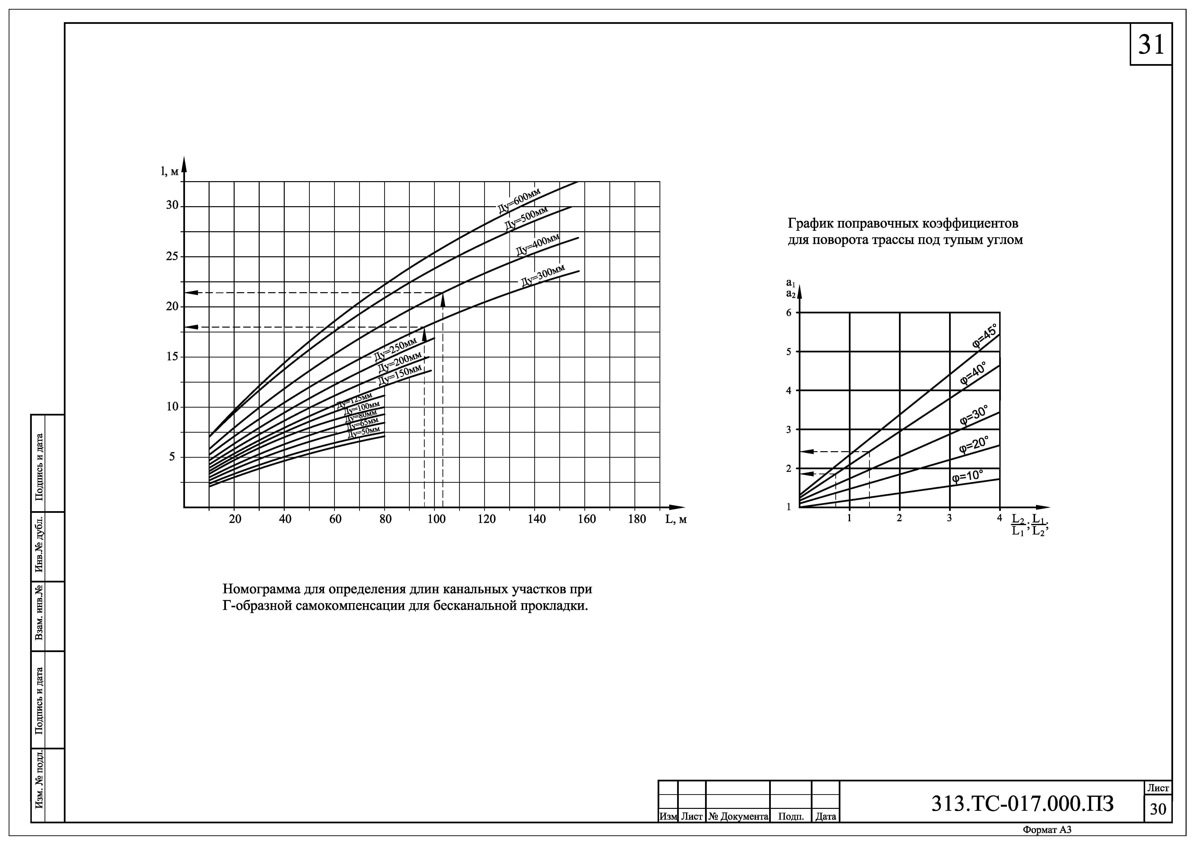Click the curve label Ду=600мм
click(519, 200)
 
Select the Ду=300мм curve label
click(543, 276)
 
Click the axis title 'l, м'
click(170, 171)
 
